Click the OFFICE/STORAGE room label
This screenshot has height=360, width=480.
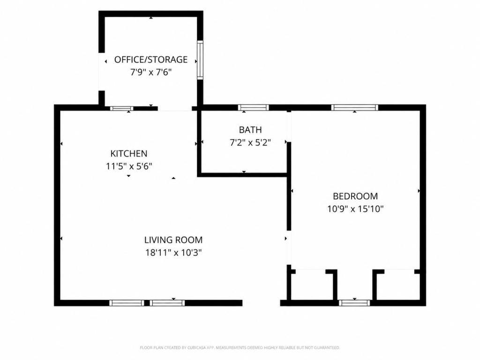point(151,60)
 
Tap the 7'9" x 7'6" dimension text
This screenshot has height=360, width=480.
point(151,72)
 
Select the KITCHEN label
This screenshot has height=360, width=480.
point(129,153)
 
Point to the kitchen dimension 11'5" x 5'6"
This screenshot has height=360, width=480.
point(129,166)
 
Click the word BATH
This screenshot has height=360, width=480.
point(250,130)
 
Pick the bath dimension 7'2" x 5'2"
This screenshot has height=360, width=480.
point(250,142)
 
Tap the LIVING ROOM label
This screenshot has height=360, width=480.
point(173,240)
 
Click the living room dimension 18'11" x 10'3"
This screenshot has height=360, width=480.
point(173,253)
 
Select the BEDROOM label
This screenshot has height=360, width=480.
point(355,196)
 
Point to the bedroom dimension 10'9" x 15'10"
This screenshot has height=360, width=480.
point(355,209)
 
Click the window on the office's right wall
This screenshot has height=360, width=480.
point(200,60)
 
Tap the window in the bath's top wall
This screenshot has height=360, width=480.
point(254,107)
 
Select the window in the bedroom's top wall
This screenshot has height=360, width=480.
point(354,107)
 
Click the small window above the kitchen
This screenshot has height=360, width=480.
point(121,108)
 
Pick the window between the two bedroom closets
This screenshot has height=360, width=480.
point(354,303)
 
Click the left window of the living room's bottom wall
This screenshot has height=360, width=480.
point(127,303)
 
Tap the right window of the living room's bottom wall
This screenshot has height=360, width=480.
point(167,303)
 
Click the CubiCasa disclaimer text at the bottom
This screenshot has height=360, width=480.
point(240,348)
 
